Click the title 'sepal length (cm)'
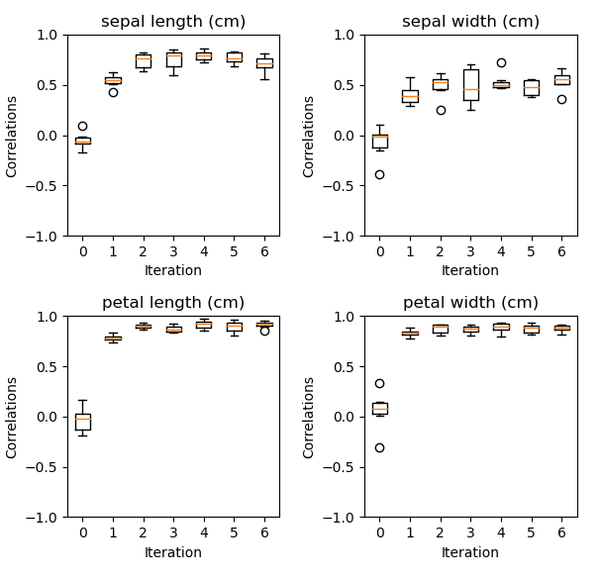click(x=173, y=22)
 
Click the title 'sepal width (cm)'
click(x=470, y=22)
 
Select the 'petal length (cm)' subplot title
click(x=173, y=303)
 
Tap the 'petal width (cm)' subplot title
click(x=470, y=303)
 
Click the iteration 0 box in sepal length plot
click(x=82, y=141)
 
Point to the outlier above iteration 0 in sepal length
click(x=82, y=126)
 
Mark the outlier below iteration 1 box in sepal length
click(x=113, y=92)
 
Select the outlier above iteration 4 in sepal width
click(x=501, y=62)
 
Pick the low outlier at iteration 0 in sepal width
click(x=380, y=174)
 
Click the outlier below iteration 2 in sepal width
click(x=441, y=110)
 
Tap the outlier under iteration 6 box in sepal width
click(x=561, y=99)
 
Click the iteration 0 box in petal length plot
click(x=82, y=422)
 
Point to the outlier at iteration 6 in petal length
click(x=264, y=331)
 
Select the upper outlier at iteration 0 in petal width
click(x=380, y=383)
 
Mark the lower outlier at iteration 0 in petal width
click(x=380, y=447)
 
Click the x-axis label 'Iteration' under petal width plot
click(x=470, y=552)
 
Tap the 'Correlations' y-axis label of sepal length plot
click(x=12, y=136)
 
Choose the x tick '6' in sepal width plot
click(x=561, y=251)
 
